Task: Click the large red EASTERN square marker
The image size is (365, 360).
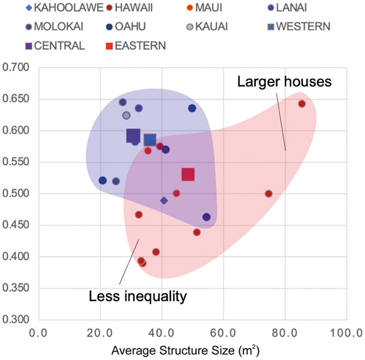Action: coord(188,175)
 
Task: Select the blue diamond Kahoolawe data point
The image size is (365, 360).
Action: coord(164,200)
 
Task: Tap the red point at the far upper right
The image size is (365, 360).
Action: coord(302,104)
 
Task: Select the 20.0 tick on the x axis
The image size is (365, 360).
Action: coord(100,332)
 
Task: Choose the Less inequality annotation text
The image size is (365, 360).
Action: coord(138,297)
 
